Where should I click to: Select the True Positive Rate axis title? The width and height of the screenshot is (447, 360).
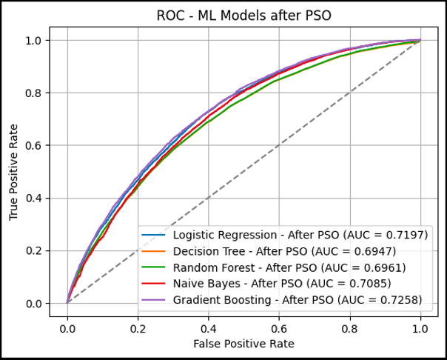[14, 172]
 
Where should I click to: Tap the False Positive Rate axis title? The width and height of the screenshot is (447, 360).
[243, 344]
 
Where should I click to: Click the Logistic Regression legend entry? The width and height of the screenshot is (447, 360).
[300, 234]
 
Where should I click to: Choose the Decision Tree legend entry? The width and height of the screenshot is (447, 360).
[300, 250]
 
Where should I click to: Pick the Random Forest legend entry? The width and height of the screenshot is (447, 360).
[300, 267]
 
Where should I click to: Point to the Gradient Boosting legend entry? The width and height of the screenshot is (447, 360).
[300, 299]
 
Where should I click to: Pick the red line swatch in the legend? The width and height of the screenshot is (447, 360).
[153, 283]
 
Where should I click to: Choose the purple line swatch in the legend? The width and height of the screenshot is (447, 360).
[153, 299]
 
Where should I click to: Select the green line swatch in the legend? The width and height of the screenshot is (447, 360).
[153, 267]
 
